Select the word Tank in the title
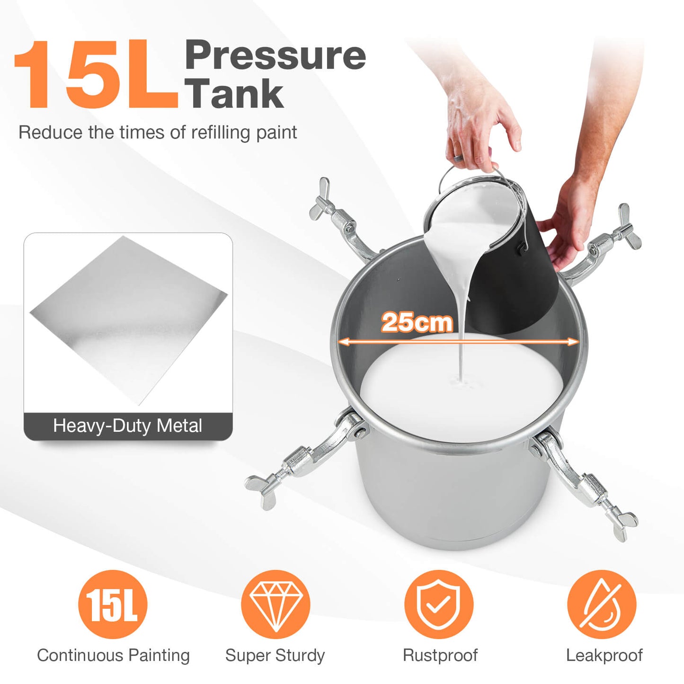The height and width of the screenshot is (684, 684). tap(235, 93)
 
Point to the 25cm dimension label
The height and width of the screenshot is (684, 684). tap(417, 322)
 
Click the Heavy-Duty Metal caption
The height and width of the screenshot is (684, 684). tap(128, 426)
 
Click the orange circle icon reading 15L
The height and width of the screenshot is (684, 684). tap(113, 604)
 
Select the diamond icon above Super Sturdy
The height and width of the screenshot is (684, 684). tap(275, 604)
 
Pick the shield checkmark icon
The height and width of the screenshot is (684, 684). tap(439, 604)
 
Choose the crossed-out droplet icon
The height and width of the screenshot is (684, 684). tap(602, 604)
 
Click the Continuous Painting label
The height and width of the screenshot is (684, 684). tap(113, 656)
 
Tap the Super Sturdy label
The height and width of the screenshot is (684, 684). tap(275, 656)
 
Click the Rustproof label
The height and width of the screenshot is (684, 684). tap(440, 656)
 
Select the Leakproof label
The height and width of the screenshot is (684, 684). tap(604, 656)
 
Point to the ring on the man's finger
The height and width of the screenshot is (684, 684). tap(456, 158)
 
